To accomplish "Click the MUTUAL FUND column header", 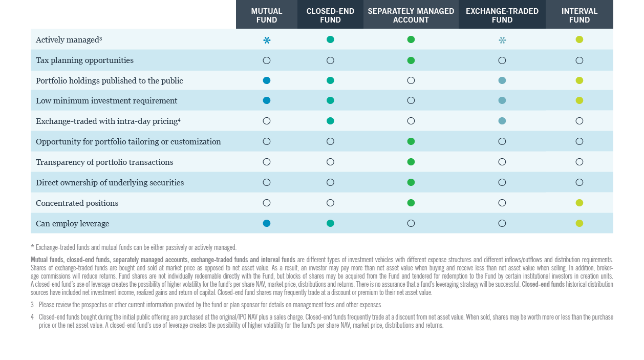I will click(266, 15).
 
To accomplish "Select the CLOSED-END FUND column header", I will click(330, 15).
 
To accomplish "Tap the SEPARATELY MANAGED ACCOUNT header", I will click(411, 15).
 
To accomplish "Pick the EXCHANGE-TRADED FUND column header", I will click(502, 15).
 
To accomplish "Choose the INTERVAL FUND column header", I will click(579, 15).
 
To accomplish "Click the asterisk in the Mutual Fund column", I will click(267, 40).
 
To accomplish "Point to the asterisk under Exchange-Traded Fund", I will click(502, 40).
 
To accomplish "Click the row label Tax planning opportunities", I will click(84, 60).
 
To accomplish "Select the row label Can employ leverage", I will click(72, 224).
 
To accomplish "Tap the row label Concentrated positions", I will click(77, 203).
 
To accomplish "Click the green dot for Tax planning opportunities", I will click(411, 60).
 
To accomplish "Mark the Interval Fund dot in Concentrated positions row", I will click(579, 203).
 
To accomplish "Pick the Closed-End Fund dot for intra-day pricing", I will click(330, 121).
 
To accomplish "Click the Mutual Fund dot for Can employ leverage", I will click(266, 223).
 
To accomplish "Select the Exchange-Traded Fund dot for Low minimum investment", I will click(502, 100).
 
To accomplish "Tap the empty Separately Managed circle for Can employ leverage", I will click(411, 223).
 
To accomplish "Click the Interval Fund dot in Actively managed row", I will click(579, 39).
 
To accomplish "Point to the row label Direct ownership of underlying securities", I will click(110, 183).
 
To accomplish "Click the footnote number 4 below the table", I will click(32, 317).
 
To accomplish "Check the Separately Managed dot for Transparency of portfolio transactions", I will click(411, 162).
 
